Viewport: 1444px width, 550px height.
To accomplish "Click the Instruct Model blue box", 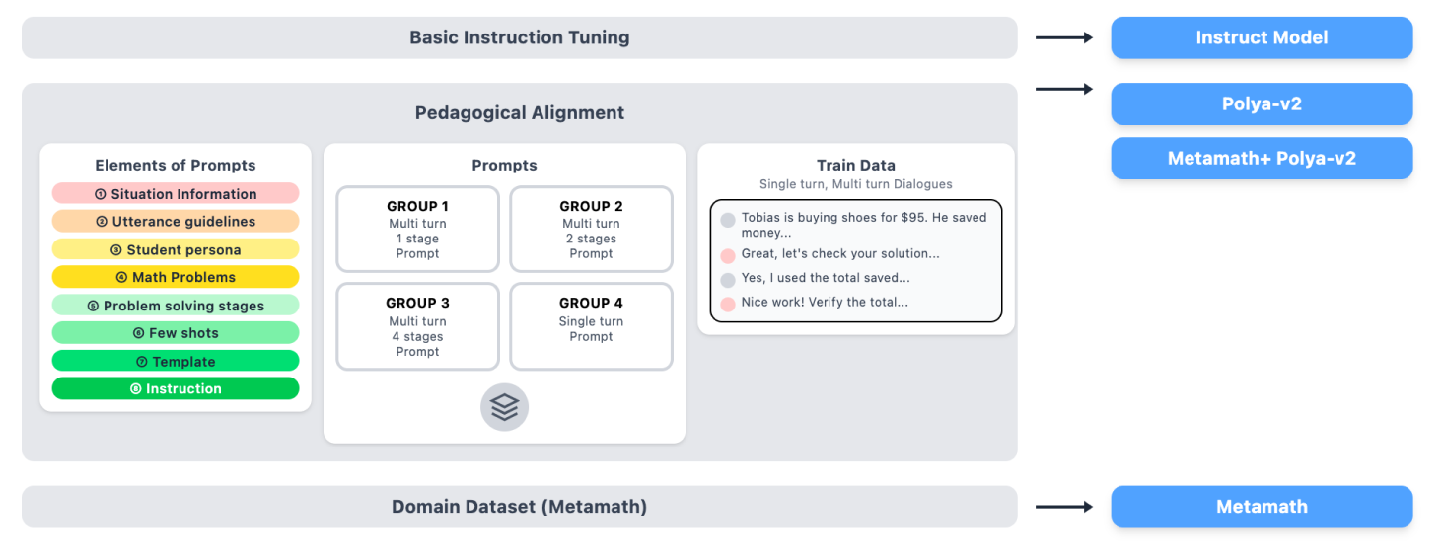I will [x=1262, y=37].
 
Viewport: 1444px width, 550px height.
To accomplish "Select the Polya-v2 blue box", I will [x=1262, y=103].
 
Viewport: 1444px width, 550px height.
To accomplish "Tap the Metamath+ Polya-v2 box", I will [x=1262, y=158].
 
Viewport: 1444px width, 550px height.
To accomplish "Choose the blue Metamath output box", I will [x=1262, y=507].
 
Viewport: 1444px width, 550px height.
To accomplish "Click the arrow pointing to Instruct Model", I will [x=1064, y=37].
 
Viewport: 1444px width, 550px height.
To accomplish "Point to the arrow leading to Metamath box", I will [x=1064, y=507].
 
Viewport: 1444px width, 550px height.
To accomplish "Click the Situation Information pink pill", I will [x=176, y=194].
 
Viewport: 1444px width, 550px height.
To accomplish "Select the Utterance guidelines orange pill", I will [x=176, y=222].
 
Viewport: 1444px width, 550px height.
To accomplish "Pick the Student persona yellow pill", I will [x=176, y=249].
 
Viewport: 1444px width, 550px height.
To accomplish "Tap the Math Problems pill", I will [x=176, y=277].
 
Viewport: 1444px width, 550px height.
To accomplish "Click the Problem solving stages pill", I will [x=176, y=306].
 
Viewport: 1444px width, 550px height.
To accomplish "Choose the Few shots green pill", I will [x=176, y=333].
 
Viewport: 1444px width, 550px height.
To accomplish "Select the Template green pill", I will [x=176, y=361].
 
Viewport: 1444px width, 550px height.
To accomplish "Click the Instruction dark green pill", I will [x=176, y=388].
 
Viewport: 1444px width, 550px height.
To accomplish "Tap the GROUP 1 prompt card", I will [x=417, y=229].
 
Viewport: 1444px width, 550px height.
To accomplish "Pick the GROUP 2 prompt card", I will [x=591, y=229].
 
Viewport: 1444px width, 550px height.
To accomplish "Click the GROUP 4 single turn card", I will [x=591, y=325].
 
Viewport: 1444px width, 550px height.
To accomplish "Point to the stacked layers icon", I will [x=504, y=407].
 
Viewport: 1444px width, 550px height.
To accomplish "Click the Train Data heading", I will [x=855, y=165].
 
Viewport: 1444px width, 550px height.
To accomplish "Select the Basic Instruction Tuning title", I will [x=519, y=37].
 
